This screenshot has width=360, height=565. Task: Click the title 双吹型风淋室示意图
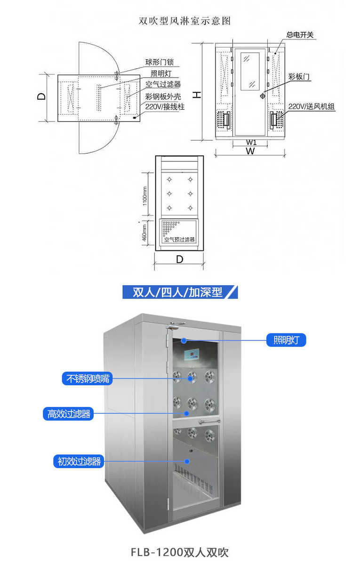click(185, 21)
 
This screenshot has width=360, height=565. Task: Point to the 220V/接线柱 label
click(165, 107)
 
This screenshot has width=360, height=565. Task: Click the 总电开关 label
click(301, 35)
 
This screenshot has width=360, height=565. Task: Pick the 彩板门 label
click(299, 76)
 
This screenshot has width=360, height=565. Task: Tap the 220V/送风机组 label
click(312, 107)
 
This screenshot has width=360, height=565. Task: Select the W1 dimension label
click(251, 142)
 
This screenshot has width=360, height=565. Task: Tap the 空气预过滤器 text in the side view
click(179, 240)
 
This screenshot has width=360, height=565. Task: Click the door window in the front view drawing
click(250, 71)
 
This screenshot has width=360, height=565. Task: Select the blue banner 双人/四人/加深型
click(180, 292)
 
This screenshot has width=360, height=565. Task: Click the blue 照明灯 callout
click(286, 339)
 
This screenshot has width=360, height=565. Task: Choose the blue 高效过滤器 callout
click(69, 414)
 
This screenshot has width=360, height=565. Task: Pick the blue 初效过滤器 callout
click(79, 461)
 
